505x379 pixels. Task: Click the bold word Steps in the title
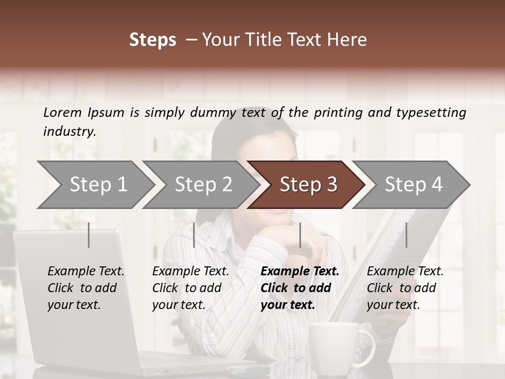point(153,39)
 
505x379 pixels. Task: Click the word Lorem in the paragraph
point(63,112)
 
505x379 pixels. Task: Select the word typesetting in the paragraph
point(431,113)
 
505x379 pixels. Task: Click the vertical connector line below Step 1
point(89,235)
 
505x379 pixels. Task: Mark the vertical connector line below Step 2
point(194,235)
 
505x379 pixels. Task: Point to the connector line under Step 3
point(300,235)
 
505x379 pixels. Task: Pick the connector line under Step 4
point(406,235)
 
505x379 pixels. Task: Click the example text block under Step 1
point(86,288)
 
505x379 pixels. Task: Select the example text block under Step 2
point(190,288)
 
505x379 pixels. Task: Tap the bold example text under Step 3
point(300,288)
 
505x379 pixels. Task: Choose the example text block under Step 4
point(405,288)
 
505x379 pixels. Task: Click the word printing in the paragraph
point(337,113)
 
